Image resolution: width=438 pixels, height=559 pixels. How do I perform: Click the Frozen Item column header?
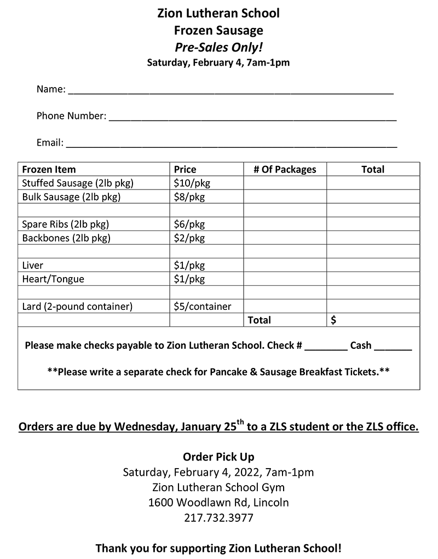[x=49, y=169]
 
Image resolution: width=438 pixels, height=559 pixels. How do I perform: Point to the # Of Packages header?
[x=285, y=169]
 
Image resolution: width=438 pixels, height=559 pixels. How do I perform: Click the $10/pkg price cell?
[x=189, y=183]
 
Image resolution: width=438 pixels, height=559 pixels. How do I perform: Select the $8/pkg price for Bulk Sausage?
[x=189, y=197]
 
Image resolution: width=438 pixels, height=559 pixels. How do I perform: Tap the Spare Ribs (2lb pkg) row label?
[x=66, y=224]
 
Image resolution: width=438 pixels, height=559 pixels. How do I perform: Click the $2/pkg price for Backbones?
[x=189, y=238]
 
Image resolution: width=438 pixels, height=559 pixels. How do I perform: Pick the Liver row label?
[x=33, y=266]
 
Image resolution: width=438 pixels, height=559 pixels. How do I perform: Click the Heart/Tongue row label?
[x=53, y=279]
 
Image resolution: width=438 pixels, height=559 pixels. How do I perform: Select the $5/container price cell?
[x=202, y=307]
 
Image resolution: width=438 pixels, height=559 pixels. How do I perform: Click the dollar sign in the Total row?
[x=334, y=320]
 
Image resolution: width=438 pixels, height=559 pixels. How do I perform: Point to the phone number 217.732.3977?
[x=218, y=517]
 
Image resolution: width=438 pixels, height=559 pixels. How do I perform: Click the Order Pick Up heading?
[x=218, y=457]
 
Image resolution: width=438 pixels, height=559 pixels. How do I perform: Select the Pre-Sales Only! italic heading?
[x=218, y=47]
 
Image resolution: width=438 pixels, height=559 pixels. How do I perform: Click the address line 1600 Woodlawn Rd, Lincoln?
[x=218, y=502]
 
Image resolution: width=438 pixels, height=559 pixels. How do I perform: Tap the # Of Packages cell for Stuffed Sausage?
[x=285, y=183]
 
